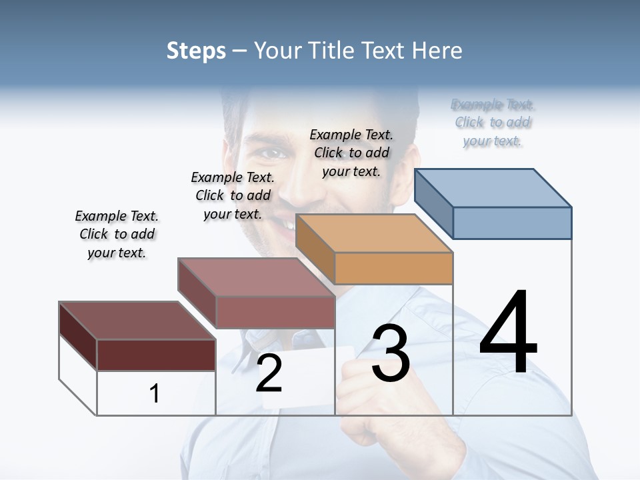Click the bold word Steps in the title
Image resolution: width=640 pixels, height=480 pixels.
tap(196, 51)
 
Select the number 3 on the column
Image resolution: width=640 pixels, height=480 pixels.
tap(390, 353)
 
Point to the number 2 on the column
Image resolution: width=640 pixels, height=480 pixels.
tap(269, 373)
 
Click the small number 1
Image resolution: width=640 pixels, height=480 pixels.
tap(155, 393)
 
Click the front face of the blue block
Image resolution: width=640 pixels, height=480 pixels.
tap(512, 223)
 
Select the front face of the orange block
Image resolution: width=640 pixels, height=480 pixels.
tap(393, 268)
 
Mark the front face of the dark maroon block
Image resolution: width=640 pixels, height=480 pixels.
tap(156, 355)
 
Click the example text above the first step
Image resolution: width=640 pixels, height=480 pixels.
tap(117, 234)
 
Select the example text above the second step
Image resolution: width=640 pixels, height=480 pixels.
tap(233, 195)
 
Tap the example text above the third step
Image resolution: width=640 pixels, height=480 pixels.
tap(351, 153)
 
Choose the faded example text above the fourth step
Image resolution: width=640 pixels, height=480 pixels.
tap(493, 123)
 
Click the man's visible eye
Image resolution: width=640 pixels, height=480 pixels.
tap(271, 154)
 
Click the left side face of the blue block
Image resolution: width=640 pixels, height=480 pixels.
tap(434, 203)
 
